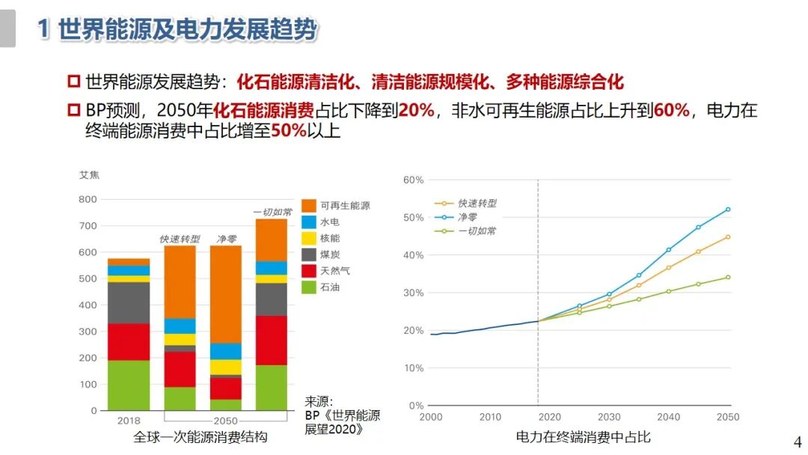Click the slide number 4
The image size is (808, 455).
click(x=797, y=441)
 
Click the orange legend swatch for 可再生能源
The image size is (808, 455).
click(x=310, y=205)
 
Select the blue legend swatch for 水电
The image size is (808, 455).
click(x=310, y=222)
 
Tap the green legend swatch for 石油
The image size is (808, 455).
click(x=310, y=287)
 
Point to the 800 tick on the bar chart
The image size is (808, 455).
click(x=88, y=199)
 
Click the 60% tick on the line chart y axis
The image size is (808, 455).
click(x=414, y=180)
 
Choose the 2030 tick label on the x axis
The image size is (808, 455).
click(x=609, y=417)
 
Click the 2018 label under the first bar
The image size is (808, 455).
click(x=129, y=421)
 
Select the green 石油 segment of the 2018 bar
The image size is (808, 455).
click(x=129, y=385)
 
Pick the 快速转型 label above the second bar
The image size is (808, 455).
click(x=180, y=239)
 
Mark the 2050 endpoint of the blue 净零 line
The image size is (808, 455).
click(x=727, y=210)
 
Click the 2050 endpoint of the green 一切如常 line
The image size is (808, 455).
click(x=727, y=278)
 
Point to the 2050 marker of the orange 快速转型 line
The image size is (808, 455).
click(x=727, y=237)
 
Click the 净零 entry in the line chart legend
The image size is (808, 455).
click(x=468, y=217)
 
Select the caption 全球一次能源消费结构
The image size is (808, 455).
click(x=200, y=437)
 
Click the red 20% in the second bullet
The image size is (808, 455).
click(x=417, y=111)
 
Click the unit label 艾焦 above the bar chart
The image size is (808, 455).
click(x=89, y=175)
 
